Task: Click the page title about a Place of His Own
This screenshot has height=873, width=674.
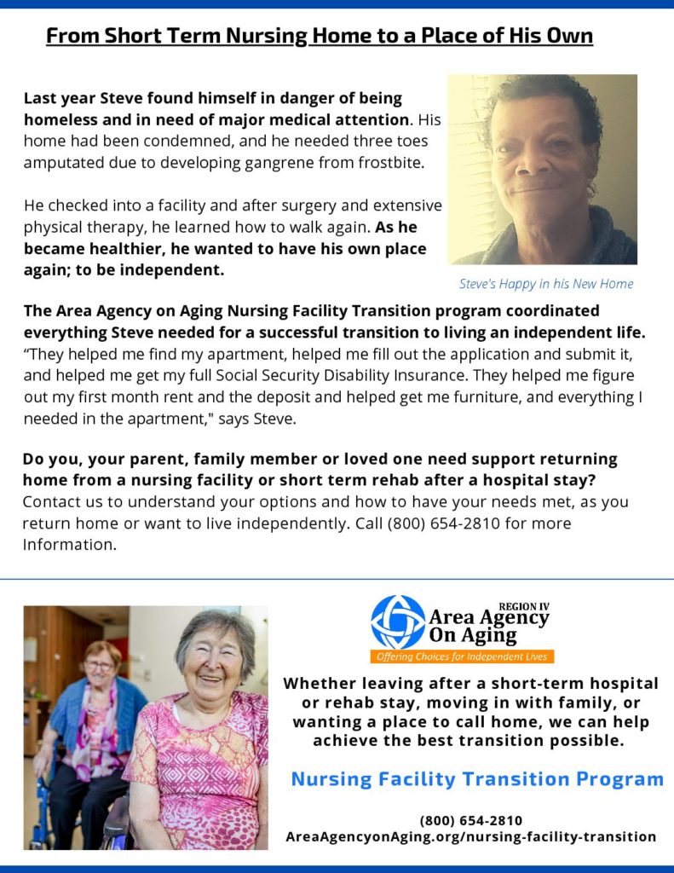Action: click(x=319, y=36)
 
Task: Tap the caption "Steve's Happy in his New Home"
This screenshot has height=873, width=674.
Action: click(x=546, y=284)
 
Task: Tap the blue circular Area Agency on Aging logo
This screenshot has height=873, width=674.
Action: click(x=397, y=622)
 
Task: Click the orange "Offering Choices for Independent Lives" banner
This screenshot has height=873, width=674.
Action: click(x=463, y=656)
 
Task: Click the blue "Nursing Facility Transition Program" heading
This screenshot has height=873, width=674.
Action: click(x=477, y=778)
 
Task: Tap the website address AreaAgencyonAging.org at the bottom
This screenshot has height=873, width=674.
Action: click(x=471, y=837)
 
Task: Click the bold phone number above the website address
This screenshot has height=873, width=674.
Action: click(x=471, y=820)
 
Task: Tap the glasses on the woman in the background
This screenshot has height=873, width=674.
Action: click(x=101, y=665)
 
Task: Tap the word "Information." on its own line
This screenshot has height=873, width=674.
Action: click(x=69, y=544)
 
